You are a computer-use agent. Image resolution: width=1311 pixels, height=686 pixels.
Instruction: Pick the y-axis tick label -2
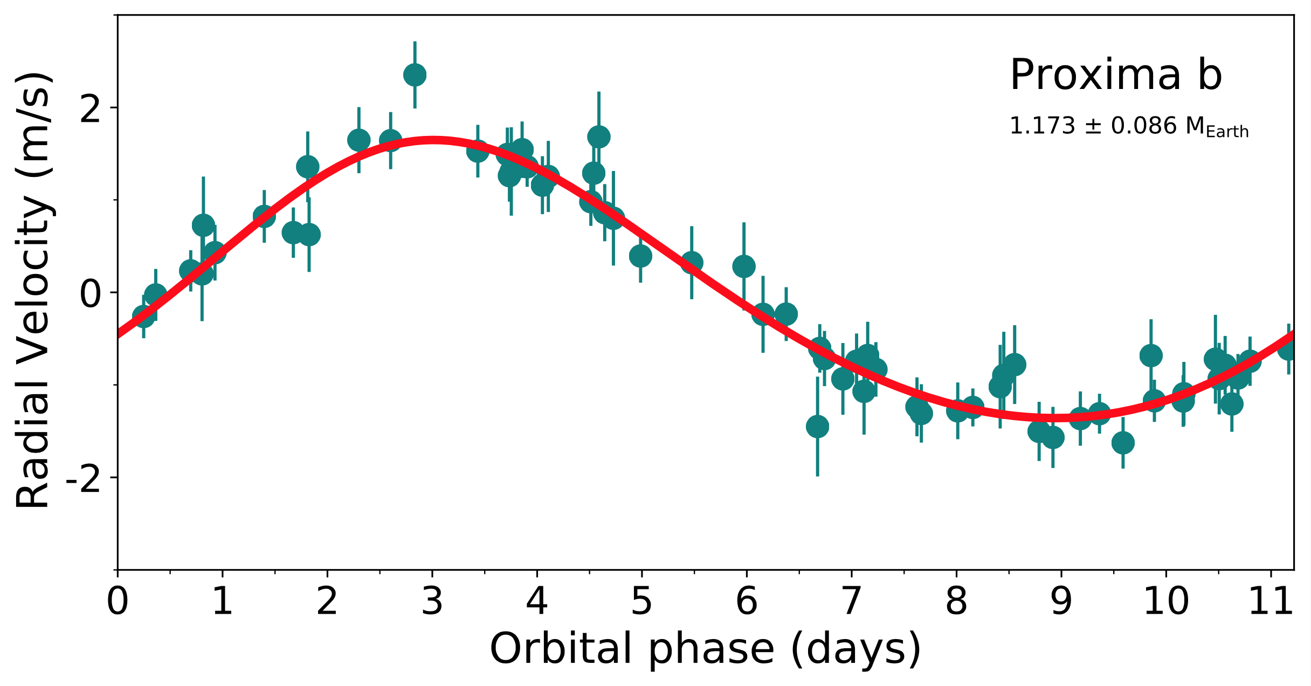click(84, 478)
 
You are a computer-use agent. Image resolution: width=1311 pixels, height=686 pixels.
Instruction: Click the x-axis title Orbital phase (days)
click(705, 649)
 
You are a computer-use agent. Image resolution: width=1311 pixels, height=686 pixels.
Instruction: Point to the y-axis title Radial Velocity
click(33, 291)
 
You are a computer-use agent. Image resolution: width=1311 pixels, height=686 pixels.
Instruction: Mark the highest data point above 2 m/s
click(415, 74)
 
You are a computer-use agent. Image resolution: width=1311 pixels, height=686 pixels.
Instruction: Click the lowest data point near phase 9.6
click(1123, 443)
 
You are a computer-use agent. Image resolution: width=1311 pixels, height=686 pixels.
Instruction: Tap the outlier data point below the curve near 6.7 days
click(817, 427)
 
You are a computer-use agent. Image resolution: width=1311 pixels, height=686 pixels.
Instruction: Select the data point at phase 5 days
click(640, 256)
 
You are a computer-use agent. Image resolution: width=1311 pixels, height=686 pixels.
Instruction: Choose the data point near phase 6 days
click(744, 266)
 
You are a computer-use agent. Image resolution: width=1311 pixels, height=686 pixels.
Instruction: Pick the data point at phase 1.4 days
click(264, 217)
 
